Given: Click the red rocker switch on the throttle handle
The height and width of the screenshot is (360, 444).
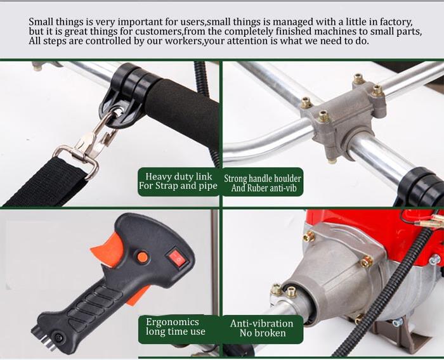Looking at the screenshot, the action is point(178,258).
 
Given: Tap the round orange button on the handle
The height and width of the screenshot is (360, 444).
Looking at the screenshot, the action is point(143,257).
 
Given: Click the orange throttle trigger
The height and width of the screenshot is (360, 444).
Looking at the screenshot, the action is point(106,249).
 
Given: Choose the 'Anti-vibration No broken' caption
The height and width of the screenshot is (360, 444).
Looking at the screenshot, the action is point(263,328).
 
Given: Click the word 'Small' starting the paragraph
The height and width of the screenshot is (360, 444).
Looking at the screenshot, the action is point(42,22).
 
